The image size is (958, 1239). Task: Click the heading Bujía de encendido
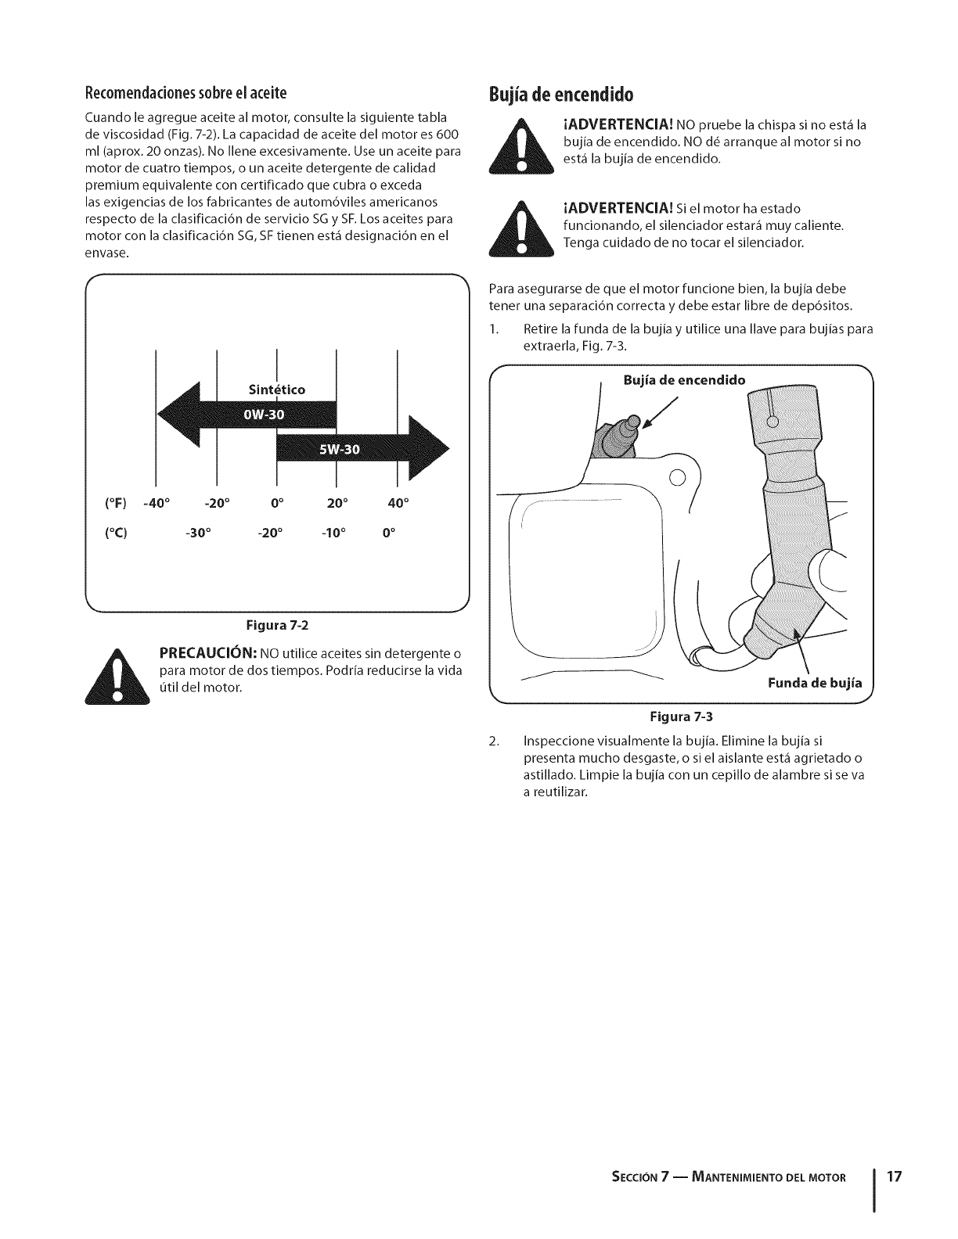pos(560,95)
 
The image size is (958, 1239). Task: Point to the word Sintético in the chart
pos(276,390)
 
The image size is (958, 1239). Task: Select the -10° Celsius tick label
pos(337,536)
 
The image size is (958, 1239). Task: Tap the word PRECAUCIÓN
pos(207,653)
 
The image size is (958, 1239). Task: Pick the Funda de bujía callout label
pos(815,683)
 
